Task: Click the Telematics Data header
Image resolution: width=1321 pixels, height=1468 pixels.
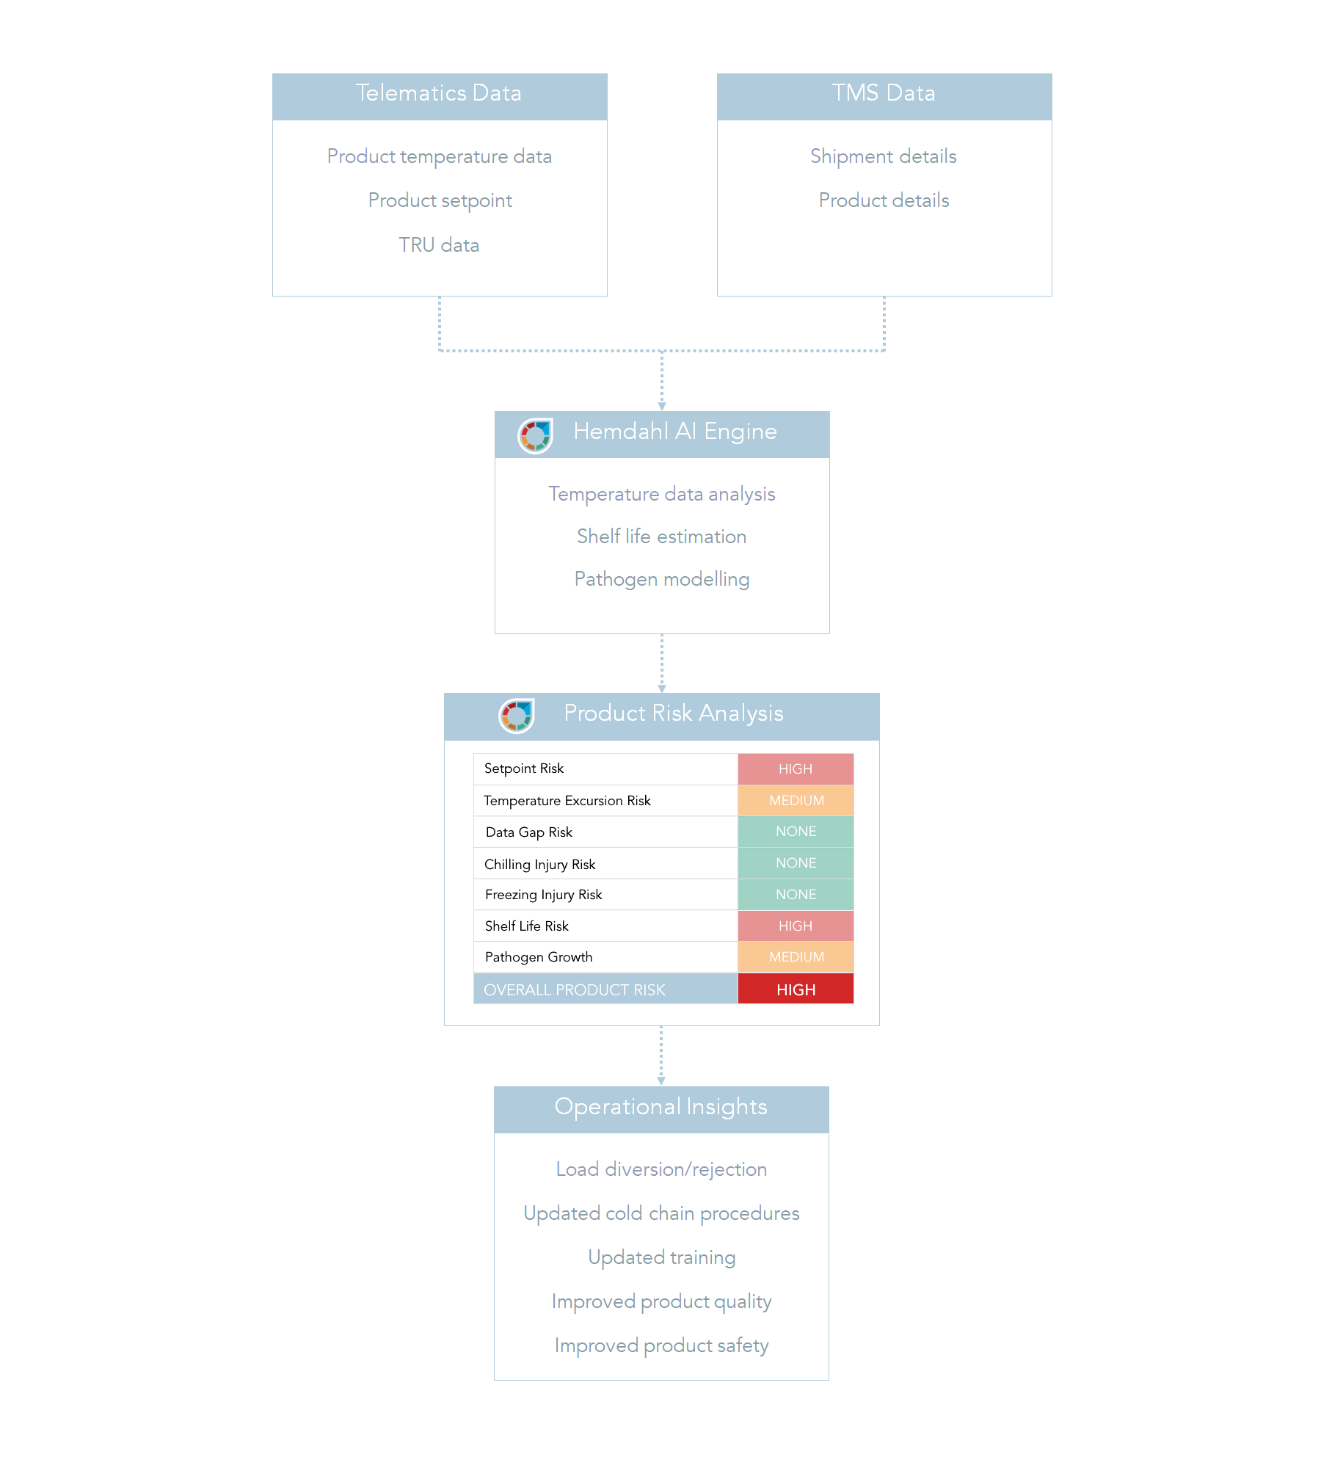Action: [440, 96]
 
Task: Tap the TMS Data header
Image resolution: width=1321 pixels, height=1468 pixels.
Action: [884, 96]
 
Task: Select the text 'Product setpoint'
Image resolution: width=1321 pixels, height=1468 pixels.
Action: [440, 201]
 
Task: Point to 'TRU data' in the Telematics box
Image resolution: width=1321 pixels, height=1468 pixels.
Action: [439, 245]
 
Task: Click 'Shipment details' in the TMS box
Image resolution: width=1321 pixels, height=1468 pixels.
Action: [884, 157]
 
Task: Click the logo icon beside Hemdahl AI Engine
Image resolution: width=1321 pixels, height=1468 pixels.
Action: [535, 436]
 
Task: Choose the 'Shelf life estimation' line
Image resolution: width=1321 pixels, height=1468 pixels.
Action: [662, 537]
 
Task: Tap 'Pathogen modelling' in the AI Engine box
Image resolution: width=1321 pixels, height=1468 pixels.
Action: [662, 580]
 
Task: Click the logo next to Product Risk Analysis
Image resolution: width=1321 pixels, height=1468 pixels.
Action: [516, 716]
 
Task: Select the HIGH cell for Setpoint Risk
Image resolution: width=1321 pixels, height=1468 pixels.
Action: [796, 769]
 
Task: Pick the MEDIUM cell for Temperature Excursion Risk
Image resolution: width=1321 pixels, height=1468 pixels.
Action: [796, 801]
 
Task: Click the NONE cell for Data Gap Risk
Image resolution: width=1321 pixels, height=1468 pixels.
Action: [796, 832]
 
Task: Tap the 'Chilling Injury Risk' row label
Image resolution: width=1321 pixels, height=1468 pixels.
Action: [540, 865]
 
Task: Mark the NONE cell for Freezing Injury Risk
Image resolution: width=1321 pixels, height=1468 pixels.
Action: [796, 895]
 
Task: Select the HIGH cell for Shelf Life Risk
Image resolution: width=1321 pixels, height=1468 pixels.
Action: [796, 926]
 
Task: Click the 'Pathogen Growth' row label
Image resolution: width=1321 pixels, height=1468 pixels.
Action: [539, 957]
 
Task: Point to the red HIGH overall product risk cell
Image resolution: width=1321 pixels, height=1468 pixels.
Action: [796, 989]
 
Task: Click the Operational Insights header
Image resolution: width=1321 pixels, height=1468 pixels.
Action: [661, 1109]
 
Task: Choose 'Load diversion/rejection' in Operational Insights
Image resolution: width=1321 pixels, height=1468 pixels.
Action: [661, 1169]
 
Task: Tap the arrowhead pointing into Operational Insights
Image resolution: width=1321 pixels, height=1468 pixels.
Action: [661, 1081]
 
